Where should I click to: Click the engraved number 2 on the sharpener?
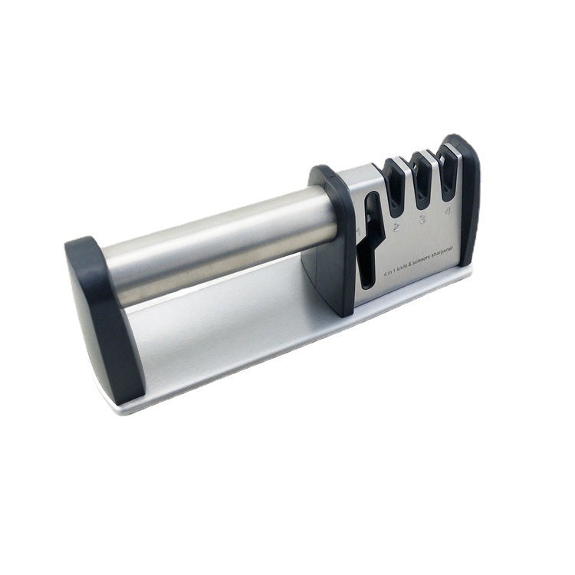coord(396,228)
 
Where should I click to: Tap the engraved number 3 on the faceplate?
coord(422,218)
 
